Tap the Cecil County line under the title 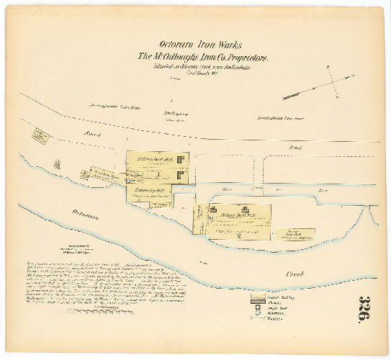(x=194, y=73)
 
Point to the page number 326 (x=366, y=310)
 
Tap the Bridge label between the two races (x=227, y=189)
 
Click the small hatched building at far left (x=41, y=135)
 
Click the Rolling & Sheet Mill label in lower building (x=238, y=215)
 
